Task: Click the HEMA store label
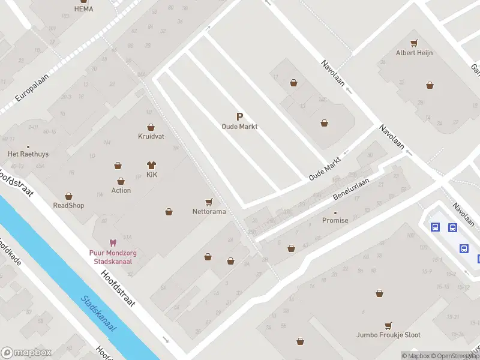tap(83, 9)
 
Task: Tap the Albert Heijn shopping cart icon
tap(414, 43)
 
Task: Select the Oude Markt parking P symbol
tap(239, 117)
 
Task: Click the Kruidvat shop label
tap(151, 136)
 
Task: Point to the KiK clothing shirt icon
tap(151, 165)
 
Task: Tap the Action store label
tap(121, 190)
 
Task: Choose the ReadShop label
tap(68, 205)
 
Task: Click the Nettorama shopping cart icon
tap(209, 202)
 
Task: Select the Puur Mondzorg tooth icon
tap(113, 243)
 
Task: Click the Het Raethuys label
tap(28, 154)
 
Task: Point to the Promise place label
tap(335, 220)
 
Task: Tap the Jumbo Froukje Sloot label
tap(388, 335)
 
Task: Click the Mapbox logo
tap(26, 353)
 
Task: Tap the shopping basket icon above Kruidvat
tap(151, 127)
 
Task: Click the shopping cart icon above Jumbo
tap(388, 325)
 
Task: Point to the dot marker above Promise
tap(335, 212)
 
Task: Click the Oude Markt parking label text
tap(239, 127)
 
